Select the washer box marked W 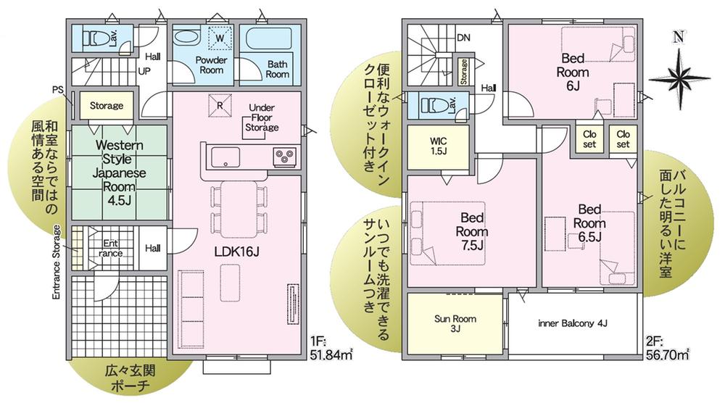pos(220,38)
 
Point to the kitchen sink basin pos(225,157)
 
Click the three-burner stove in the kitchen pos(284,157)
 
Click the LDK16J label pos(236,252)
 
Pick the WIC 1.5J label pos(438,146)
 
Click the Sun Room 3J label pos(455,323)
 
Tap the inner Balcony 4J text pos(573,323)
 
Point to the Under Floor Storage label pos(262,117)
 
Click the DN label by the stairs pos(463,38)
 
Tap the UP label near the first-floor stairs pos(144,72)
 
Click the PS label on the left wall pos(58,89)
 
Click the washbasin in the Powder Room pos(187,38)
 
